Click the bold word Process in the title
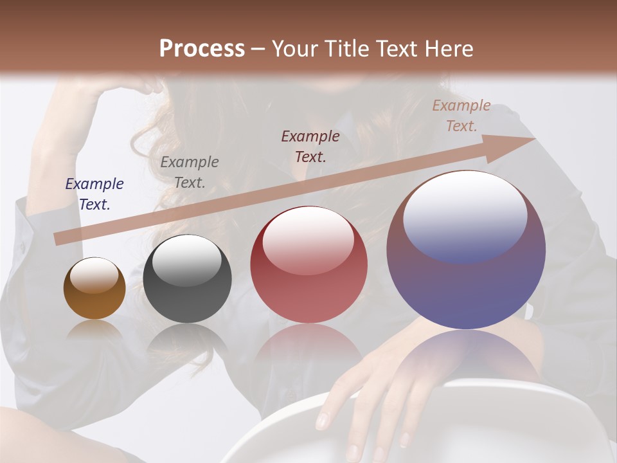click(x=202, y=48)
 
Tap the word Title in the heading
click(x=343, y=48)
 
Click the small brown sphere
click(x=94, y=289)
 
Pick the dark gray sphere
click(x=187, y=279)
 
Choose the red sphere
click(x=308, y=265)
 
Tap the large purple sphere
click(x=466, y=251)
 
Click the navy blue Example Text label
click(x=94, y=194)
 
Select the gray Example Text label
click(x=189, y=172)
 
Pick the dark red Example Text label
click(x=310, y=146)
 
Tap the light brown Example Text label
click(x=461, y=116)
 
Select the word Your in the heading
click(x=294, y=48)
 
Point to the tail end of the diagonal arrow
click(x=58, y=239)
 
